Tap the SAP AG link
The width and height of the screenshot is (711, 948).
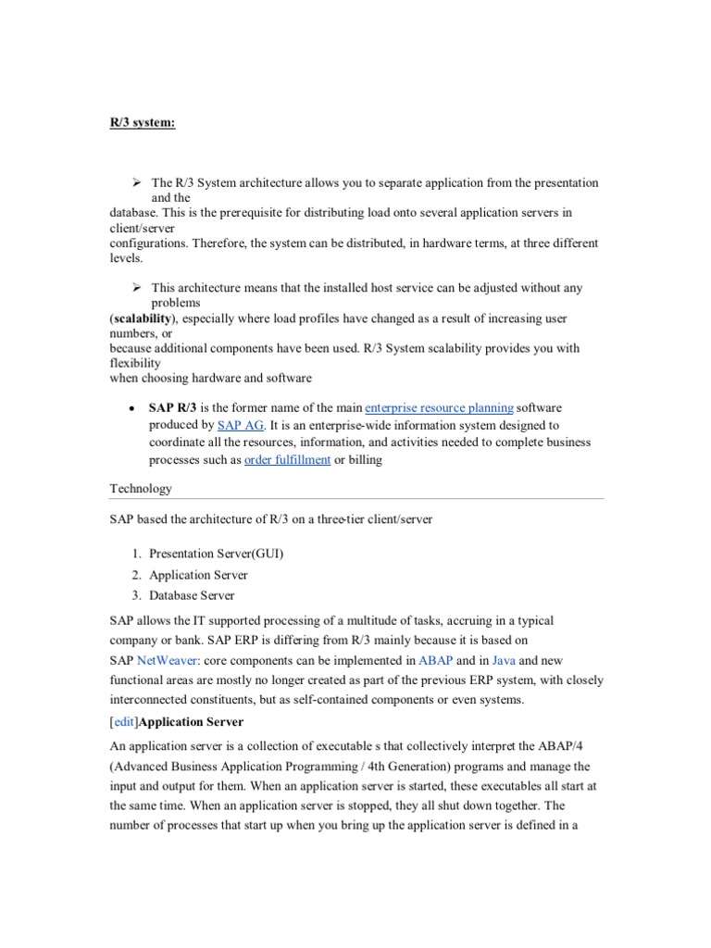(x=241, y=425)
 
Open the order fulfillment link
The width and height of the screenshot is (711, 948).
(x=287, y=460)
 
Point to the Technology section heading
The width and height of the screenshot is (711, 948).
(x=141, y=488)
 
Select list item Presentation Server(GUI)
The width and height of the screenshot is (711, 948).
(x=216, y=554)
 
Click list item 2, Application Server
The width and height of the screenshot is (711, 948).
(x=198, y=575)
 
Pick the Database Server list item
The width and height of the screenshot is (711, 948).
(x=192, y=595)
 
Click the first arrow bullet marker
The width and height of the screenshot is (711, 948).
(x=135, y=183)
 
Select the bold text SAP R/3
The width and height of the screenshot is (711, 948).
(x=173, y=407)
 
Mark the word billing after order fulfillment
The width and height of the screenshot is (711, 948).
(x=365, y=460)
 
